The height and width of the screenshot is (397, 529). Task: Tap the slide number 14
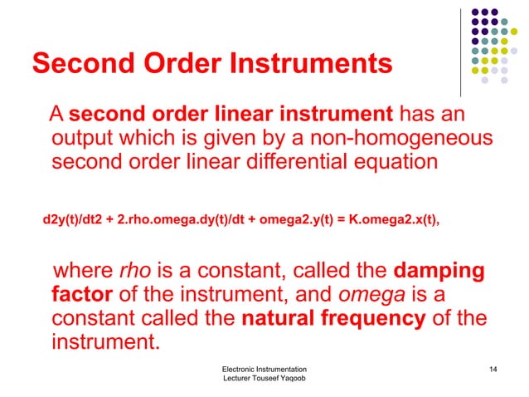tap(495, 368)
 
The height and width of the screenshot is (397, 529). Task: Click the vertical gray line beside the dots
tap(460, 50)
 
